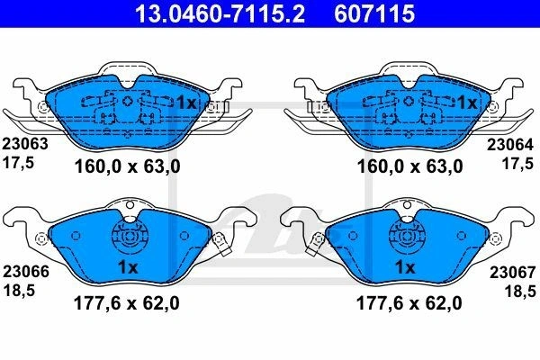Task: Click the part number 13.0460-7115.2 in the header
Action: [x=220, y=13]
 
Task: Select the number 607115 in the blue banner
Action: [x=374, y=13]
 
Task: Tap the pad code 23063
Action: [x=25, y=144]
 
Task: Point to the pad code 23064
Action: [x=509, y=145]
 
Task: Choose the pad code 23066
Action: [x=26, y=272]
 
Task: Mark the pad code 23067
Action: [x=513, y=273]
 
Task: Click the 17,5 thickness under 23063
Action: [x=19, y=163]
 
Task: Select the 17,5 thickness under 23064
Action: [x=517, y=164]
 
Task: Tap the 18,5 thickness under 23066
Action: [x=19, y=291]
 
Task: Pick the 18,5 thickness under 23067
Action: [x=520, y=292]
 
